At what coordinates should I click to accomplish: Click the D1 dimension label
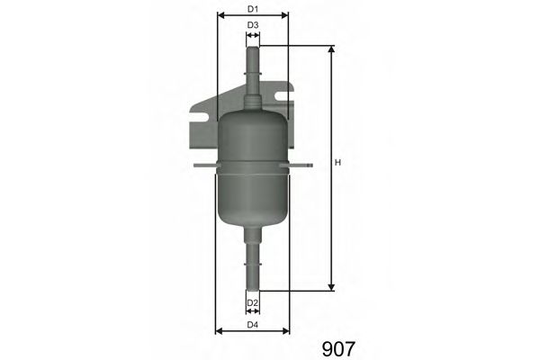point(252,10)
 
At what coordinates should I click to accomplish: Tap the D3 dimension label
point(253,25)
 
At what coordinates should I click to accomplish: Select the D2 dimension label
point(253,302)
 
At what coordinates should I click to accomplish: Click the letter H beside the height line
point(337,163)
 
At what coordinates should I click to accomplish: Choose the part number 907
point(337,346)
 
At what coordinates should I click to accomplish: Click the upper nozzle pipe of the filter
point(253,72)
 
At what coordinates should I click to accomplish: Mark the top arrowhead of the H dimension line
point(331,49)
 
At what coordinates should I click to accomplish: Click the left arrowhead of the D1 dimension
point(220,16)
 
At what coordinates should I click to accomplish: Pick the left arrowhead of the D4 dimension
point(219,330)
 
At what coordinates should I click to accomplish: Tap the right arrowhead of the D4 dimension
point(286,330)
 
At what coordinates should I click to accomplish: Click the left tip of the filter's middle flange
point(197,165)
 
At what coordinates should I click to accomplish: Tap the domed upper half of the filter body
point(253,135)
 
